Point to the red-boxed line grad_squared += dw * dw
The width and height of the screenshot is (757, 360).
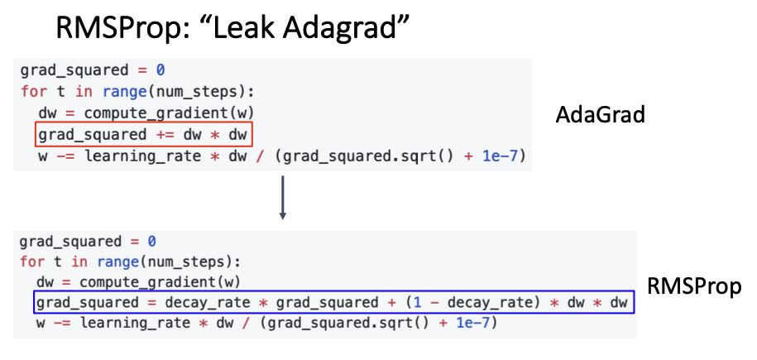143,134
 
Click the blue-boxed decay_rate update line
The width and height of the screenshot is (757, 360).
333,303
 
